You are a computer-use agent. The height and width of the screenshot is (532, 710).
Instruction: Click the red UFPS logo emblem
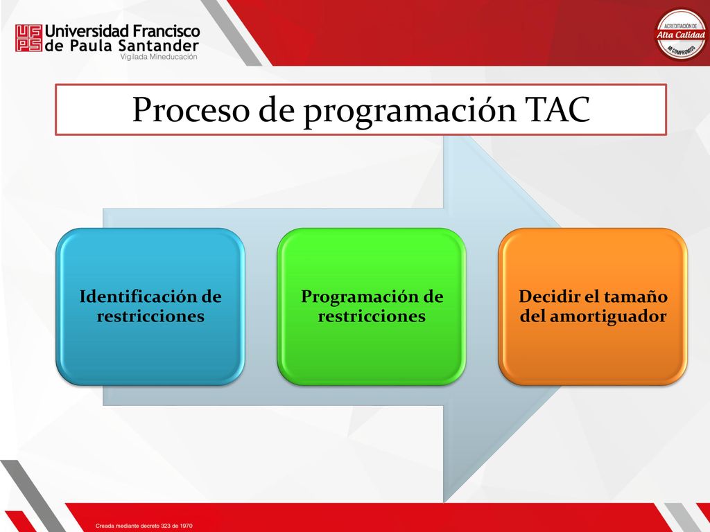pos(28,38)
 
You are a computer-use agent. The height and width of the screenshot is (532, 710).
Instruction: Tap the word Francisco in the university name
pos(166,31)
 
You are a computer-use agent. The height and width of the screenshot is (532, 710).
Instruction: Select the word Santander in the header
pos(159,46)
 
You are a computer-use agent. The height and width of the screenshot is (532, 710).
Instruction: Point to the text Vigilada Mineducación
pos(159,57)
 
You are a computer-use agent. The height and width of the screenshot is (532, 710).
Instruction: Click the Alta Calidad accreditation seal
pos(682,35)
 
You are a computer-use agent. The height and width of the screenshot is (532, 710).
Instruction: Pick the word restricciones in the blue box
pos(150,316)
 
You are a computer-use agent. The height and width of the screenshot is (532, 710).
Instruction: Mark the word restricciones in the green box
pos(372,316)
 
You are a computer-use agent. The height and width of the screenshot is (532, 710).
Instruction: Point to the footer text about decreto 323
pos(144,526)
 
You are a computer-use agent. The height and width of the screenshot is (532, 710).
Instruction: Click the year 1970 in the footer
pos(186,526)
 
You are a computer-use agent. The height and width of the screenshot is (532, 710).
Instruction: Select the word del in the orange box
pos(532,316)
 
